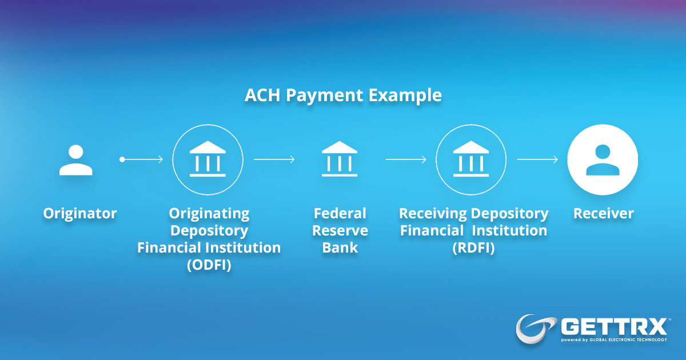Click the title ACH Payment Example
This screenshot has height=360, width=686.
343,95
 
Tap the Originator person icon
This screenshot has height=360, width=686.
76,160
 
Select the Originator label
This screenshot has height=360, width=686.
80,214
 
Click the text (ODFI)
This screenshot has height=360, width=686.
209,265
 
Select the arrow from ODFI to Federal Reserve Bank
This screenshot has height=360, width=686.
274,159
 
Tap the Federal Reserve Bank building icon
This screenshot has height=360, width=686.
340,158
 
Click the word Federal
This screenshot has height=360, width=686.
340,214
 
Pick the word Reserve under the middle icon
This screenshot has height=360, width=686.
340,231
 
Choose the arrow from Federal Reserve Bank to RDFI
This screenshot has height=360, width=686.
406,159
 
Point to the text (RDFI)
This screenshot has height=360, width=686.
473,248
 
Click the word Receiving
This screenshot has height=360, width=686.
433,214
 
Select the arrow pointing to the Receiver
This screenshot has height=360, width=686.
537,159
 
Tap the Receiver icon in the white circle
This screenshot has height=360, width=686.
603,159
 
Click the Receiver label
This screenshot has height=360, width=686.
604,214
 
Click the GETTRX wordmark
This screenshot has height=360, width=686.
614,327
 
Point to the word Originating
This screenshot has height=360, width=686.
209,214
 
